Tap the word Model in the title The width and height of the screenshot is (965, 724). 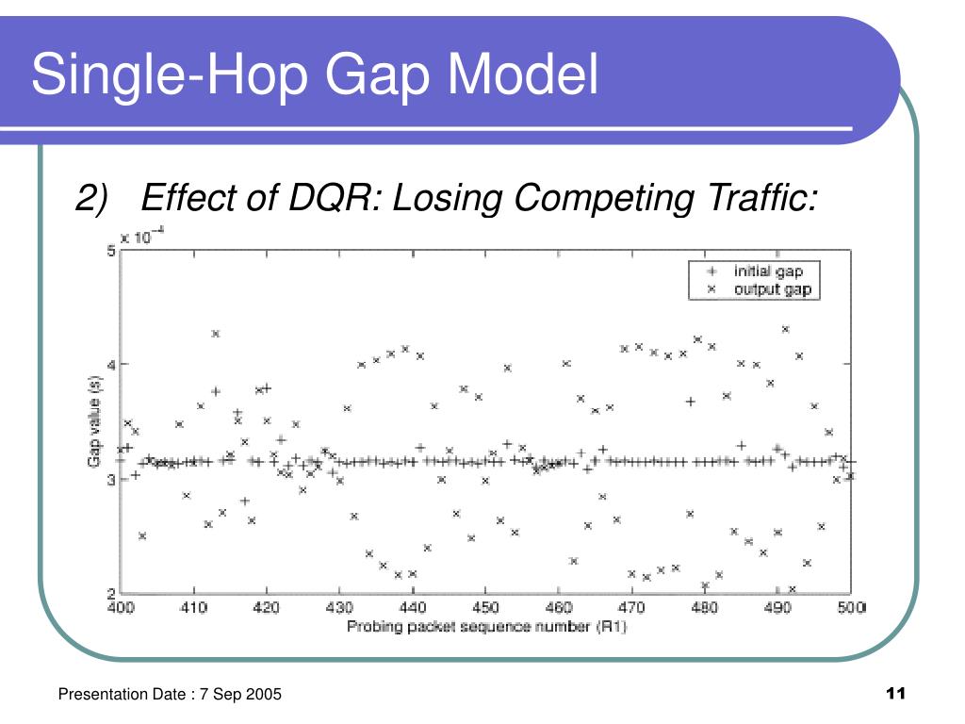(x=522, y=74)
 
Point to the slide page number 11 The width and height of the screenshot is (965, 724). (x=895, y=693)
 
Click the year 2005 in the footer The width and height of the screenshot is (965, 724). (x=264, y=694)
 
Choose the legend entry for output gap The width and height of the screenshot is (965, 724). (x=760, y=288)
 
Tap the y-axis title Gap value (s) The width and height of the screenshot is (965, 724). (x=94, y=421)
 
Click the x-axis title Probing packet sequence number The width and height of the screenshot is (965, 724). (x=468, y=627)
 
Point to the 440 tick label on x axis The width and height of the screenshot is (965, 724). (x=413, y=608)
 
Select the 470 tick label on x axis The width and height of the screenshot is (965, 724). (x=631, y=608)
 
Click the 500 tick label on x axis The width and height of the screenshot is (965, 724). (x=852, y=608)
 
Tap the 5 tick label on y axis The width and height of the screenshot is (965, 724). (x=111, y=251)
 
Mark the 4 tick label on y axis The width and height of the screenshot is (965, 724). (x=111, y=365)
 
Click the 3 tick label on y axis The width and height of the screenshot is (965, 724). (x=111, y=479)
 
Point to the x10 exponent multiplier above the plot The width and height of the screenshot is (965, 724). (x=142, y=236)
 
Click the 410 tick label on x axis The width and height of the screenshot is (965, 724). (x=193, y=608)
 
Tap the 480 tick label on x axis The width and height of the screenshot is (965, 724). (x=705, y=608)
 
